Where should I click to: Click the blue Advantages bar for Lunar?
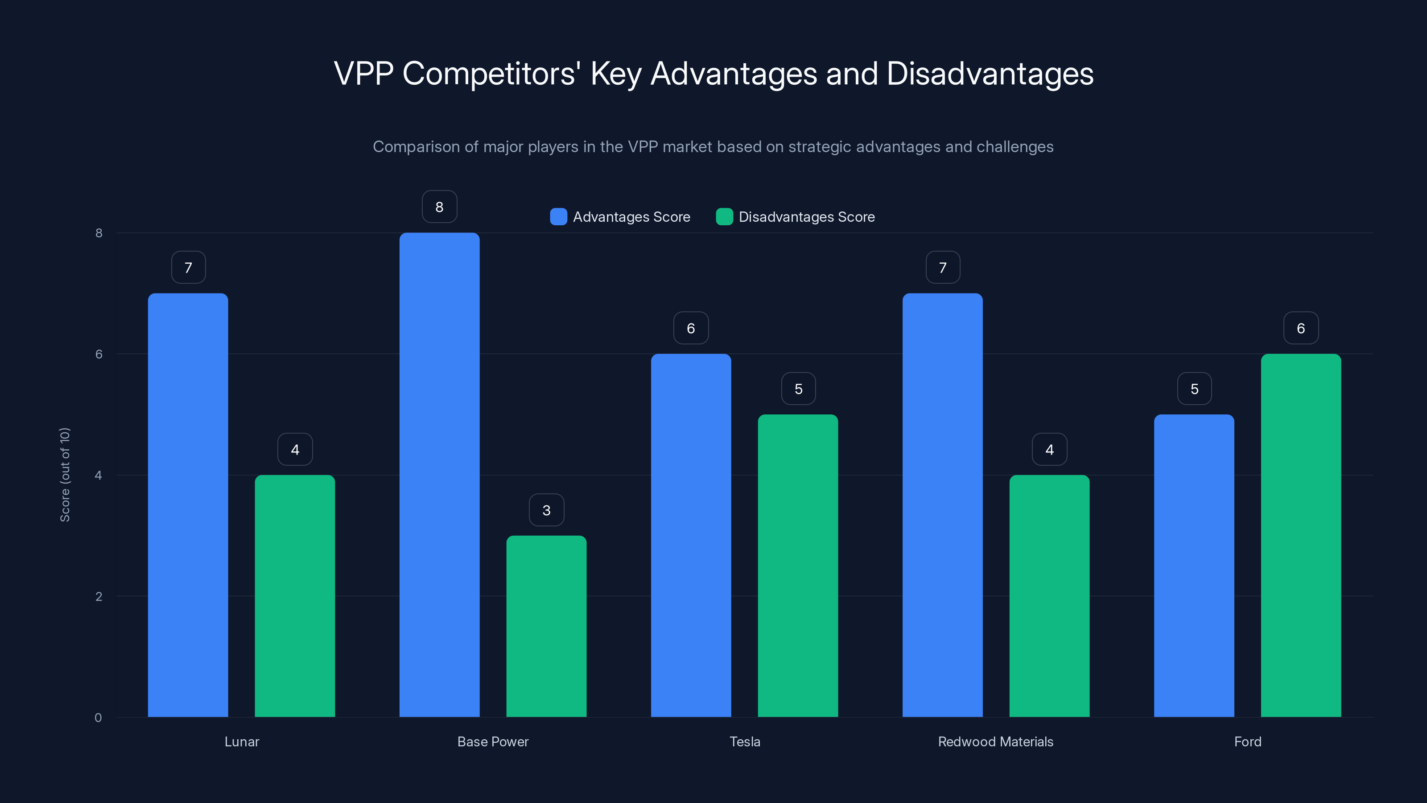click(x=188, y=504)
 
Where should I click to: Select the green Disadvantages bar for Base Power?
click(x=546, y=626)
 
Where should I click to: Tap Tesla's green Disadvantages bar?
click(x=798, y=565)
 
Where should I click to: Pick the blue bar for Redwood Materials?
click(x=942, y=504)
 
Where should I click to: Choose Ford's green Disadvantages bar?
click(x=1301, y=535)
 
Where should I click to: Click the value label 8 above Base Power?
click(x=439, y=207)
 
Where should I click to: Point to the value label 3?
click(x=546, y=510)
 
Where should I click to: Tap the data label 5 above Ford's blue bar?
click(x=1194, y=389)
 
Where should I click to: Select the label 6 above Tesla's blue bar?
click(x=691, y=328)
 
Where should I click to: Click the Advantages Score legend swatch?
click(x=558, y=217)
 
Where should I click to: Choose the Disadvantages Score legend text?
click(x=807, y=217)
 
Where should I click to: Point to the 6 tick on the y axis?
click(x=99, y=354)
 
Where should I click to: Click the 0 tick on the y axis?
click(x=98, y=718)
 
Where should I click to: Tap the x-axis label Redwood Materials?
click(x=995, y=741)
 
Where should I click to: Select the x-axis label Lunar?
click(x=242, y=741)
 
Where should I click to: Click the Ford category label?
click(x=1248, y=741)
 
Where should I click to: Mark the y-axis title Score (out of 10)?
click(x=65, y=474)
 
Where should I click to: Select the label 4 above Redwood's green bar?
click(x=1049, y=449)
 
